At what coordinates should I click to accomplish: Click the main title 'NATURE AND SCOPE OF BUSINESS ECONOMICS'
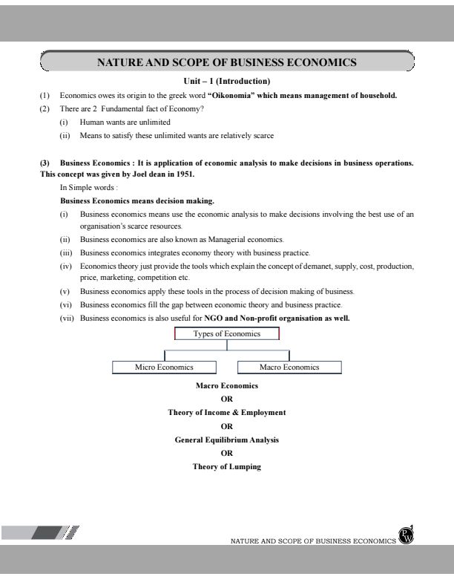point(227,62)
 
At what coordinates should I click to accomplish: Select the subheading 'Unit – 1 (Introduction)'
point(226,81)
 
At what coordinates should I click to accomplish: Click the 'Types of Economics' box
point(227,334)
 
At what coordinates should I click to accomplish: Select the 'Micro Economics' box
point(164,367)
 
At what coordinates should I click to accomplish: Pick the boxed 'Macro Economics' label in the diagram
point(289,367)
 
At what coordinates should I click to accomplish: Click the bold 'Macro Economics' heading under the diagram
point(227,386)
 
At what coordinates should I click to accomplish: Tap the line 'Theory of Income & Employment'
point(227,412)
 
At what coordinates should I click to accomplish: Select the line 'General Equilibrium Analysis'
point(227,440)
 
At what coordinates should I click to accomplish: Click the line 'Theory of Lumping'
point(227,467)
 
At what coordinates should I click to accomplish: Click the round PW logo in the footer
point(406,537)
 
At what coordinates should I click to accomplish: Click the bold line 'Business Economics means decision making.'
point(137,200)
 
